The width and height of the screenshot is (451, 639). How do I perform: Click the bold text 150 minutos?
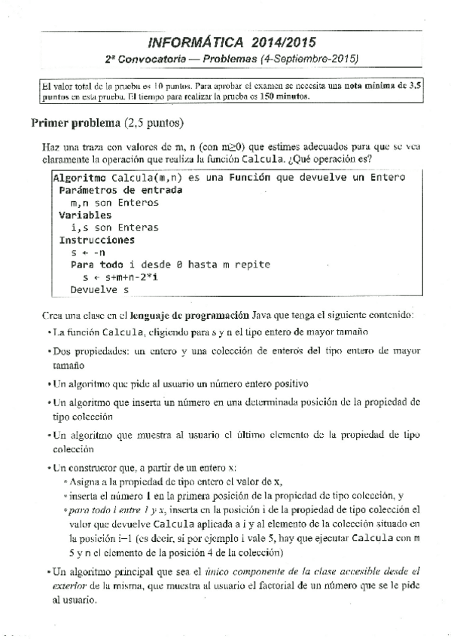[282, 96]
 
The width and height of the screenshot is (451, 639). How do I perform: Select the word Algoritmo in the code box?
[79, 178]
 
